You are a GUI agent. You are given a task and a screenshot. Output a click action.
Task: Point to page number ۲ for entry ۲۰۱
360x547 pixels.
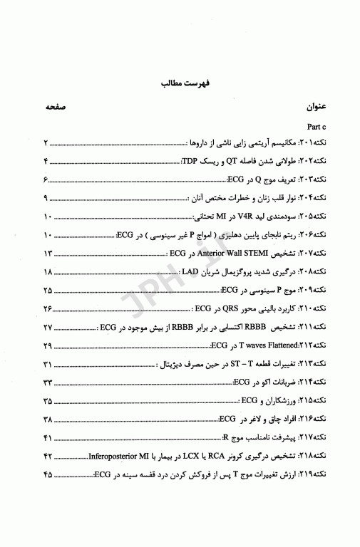click(x=46, y=142)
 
